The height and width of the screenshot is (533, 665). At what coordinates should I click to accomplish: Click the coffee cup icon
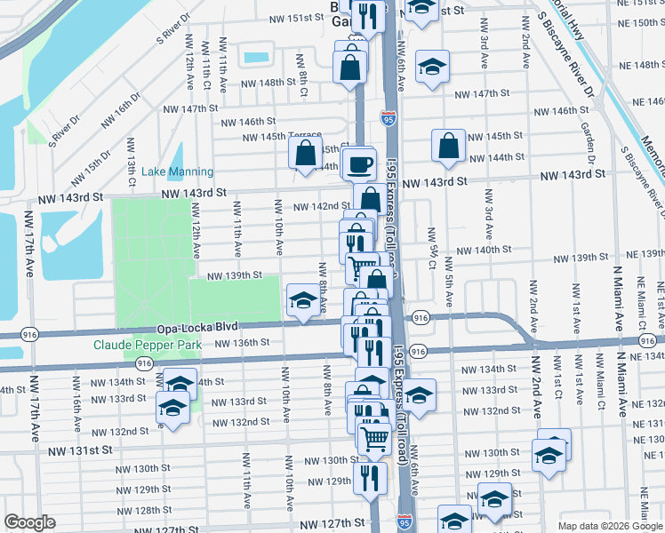360,164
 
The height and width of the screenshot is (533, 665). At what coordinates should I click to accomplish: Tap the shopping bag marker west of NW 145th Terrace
305,153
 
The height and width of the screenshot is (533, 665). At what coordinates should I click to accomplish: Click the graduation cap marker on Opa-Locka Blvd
302,299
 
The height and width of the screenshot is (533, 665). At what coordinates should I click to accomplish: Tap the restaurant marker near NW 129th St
370,478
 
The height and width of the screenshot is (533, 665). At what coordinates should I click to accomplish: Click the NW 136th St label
241,343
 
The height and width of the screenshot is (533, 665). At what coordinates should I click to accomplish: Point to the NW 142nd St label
313,206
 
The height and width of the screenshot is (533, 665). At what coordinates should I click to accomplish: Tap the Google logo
29,522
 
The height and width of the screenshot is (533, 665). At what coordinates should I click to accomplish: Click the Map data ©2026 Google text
609,526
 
